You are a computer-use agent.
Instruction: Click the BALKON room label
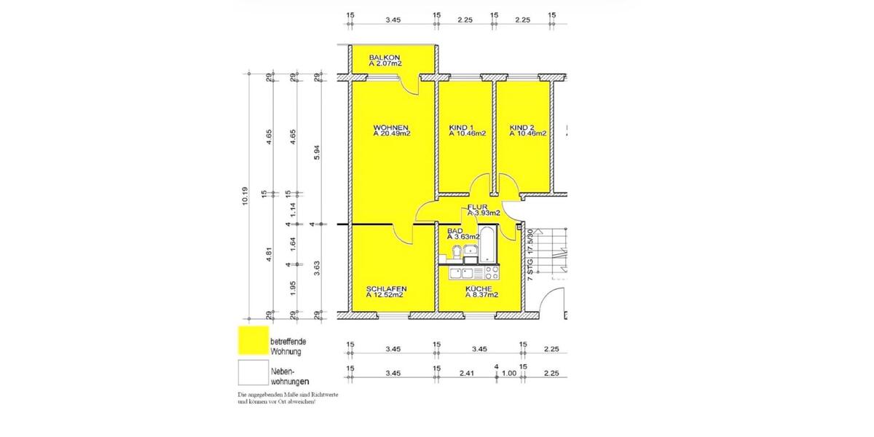(385, 58)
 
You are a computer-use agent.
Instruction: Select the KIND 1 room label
(463, 127)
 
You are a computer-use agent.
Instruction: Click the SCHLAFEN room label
(386, 288)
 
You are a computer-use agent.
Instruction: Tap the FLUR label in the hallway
(477, 207)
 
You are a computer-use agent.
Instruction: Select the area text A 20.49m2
(392, 134)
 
